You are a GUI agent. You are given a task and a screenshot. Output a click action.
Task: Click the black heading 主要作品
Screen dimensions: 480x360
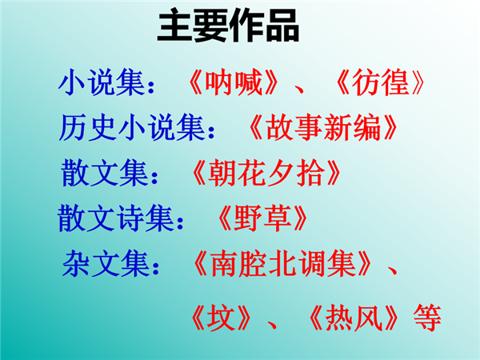(x=228, y=26)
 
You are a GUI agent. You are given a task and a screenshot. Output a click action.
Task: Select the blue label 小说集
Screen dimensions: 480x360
(x=102, y=82)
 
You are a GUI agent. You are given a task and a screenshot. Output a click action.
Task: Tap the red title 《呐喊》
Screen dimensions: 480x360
(x=234, y=82)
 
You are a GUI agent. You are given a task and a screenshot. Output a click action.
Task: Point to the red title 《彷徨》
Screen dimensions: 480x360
(x=380, y=82)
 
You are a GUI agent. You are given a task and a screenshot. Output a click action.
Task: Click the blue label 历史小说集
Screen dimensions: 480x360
(x=132, y=128)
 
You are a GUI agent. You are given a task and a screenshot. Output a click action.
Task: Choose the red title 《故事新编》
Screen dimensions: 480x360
(x=323, y=128)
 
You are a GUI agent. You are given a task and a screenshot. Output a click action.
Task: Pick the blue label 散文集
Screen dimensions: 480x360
(x=104, y=173)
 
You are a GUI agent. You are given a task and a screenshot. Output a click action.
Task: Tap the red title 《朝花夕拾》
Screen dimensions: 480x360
(x=266, y=173)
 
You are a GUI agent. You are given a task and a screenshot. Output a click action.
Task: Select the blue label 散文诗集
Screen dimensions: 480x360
(x=116, y=218)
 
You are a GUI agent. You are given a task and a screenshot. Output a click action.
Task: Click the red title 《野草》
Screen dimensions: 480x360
(x=262, y=218)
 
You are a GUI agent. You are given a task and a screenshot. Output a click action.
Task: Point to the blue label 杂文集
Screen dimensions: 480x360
(x=106, y=263)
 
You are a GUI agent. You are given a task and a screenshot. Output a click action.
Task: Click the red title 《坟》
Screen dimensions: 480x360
(x=221, y=318)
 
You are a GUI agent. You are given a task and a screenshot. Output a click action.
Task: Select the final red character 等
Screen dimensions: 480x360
(x=427, y=318)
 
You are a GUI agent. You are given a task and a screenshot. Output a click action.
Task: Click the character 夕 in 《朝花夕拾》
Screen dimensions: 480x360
(x=281, y=173)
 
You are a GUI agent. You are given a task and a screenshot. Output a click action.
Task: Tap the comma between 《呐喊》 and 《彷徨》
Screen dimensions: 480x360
(x=298, y=90)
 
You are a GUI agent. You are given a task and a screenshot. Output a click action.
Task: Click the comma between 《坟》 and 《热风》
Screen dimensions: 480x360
(x=272, y=325)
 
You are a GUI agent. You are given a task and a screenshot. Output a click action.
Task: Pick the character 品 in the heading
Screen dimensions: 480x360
(x=282, y=26)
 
